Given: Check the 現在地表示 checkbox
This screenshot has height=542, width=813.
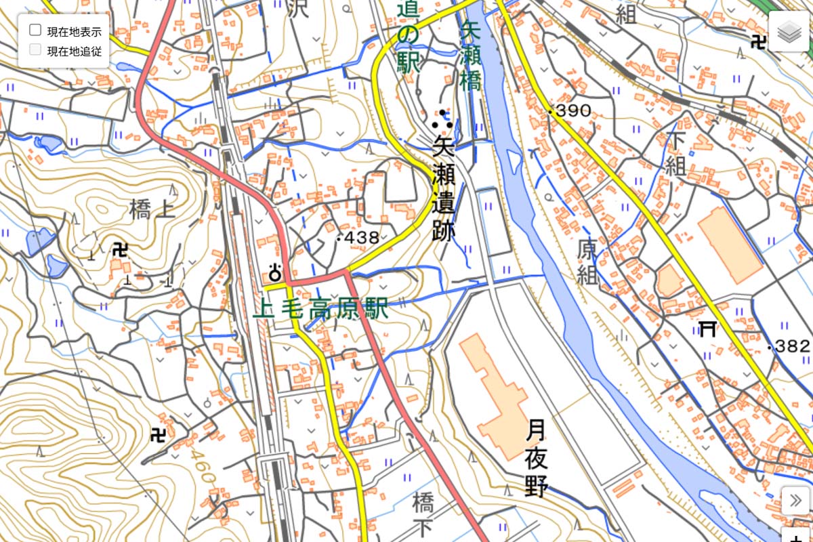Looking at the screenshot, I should click(x=36, y=30).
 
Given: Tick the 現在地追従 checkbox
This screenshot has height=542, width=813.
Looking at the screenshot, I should click(x=36, y=49).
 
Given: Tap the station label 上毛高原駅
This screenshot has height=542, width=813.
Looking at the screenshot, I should click(x=320, y=310).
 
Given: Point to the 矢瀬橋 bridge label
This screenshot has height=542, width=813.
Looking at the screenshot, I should click(x=470, y=55).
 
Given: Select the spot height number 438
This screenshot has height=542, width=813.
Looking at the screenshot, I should click(x=362, y=238).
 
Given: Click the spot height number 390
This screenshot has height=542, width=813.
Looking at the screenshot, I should click(x=573, y=110).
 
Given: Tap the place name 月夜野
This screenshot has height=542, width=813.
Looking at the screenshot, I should click(x=536, y=457).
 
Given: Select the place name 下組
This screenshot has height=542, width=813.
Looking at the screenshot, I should click(x=675, y=154).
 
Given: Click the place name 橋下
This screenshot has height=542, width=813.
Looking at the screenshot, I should click(x=423, y=516).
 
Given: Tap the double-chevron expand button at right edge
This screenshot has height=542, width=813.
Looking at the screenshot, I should click(x=795, y=501).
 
